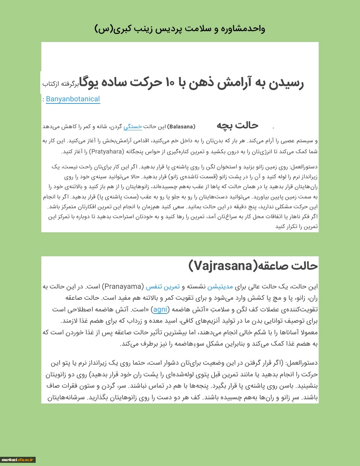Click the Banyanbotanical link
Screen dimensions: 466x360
73,99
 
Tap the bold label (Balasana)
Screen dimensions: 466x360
181,126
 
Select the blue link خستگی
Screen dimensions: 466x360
133,126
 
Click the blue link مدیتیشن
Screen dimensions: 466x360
220,287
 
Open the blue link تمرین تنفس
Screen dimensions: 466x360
163,287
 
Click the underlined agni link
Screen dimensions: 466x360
160,310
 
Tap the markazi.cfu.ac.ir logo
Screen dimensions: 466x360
18,460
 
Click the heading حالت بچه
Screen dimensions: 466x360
237,125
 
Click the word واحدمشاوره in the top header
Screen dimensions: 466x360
243,29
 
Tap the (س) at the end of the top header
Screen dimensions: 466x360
103,29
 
